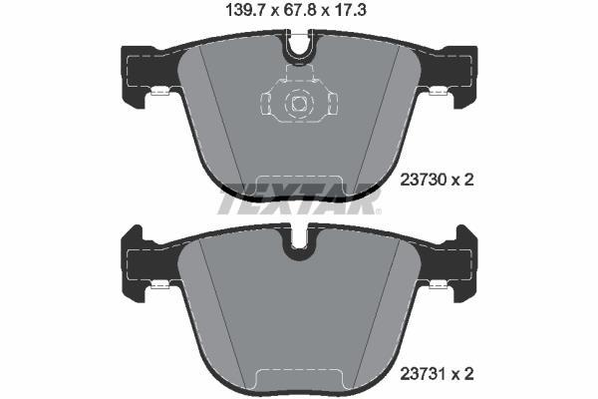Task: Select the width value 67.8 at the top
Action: (300, 10)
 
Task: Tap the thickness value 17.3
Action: (350, 10)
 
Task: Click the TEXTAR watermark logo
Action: (299, 199)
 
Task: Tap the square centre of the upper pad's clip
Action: (299, 103)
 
